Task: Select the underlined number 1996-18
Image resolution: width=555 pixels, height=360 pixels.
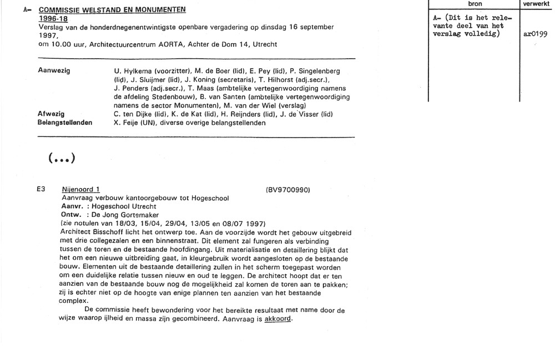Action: pyautogui.click(x=53, y=18)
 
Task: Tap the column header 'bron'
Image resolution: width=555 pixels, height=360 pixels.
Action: pyautogui.click(x=475, y=4)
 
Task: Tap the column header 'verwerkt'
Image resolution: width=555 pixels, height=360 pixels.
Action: pyautogui.click(x=537, y=4)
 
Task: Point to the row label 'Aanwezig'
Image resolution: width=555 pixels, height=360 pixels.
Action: pyautogui.click(x=54, y=72)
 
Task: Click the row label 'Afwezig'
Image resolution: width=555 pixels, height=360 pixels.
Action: pyautogui.click(x=51, y=114)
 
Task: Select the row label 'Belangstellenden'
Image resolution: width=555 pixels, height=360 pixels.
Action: pyautogui.click(x=65, y=123)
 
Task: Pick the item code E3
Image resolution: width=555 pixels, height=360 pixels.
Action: pyautogui.click(x=41, y=190)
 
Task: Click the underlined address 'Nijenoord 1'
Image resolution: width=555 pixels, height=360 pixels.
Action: pyautogui.click(x=80, y=190)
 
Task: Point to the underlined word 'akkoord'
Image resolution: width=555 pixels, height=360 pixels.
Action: pyautogui.click(x=278, y=320)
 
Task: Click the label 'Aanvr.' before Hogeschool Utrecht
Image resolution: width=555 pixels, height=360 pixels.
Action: pyautogui.click(x=71, y=206)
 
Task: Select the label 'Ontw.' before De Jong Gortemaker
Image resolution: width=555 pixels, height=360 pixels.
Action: pyautogui.click(x=70, y=214)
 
